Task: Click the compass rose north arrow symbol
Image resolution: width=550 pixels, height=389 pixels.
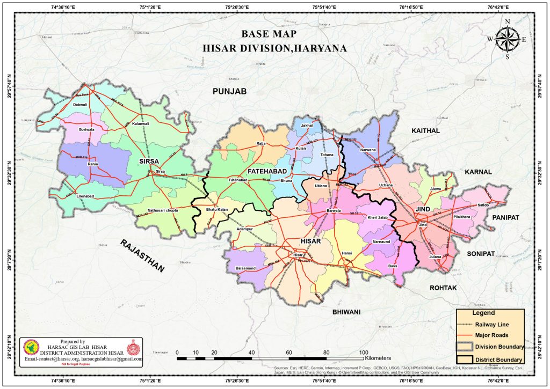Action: click(507, 38)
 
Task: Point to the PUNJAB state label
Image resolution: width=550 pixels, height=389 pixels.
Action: click(229, 92)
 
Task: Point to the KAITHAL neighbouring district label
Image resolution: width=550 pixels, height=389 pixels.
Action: click(425, 130)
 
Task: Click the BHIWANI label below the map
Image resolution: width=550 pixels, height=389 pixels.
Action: click(346, 311)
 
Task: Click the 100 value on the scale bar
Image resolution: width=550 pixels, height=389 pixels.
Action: click(364, 351)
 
